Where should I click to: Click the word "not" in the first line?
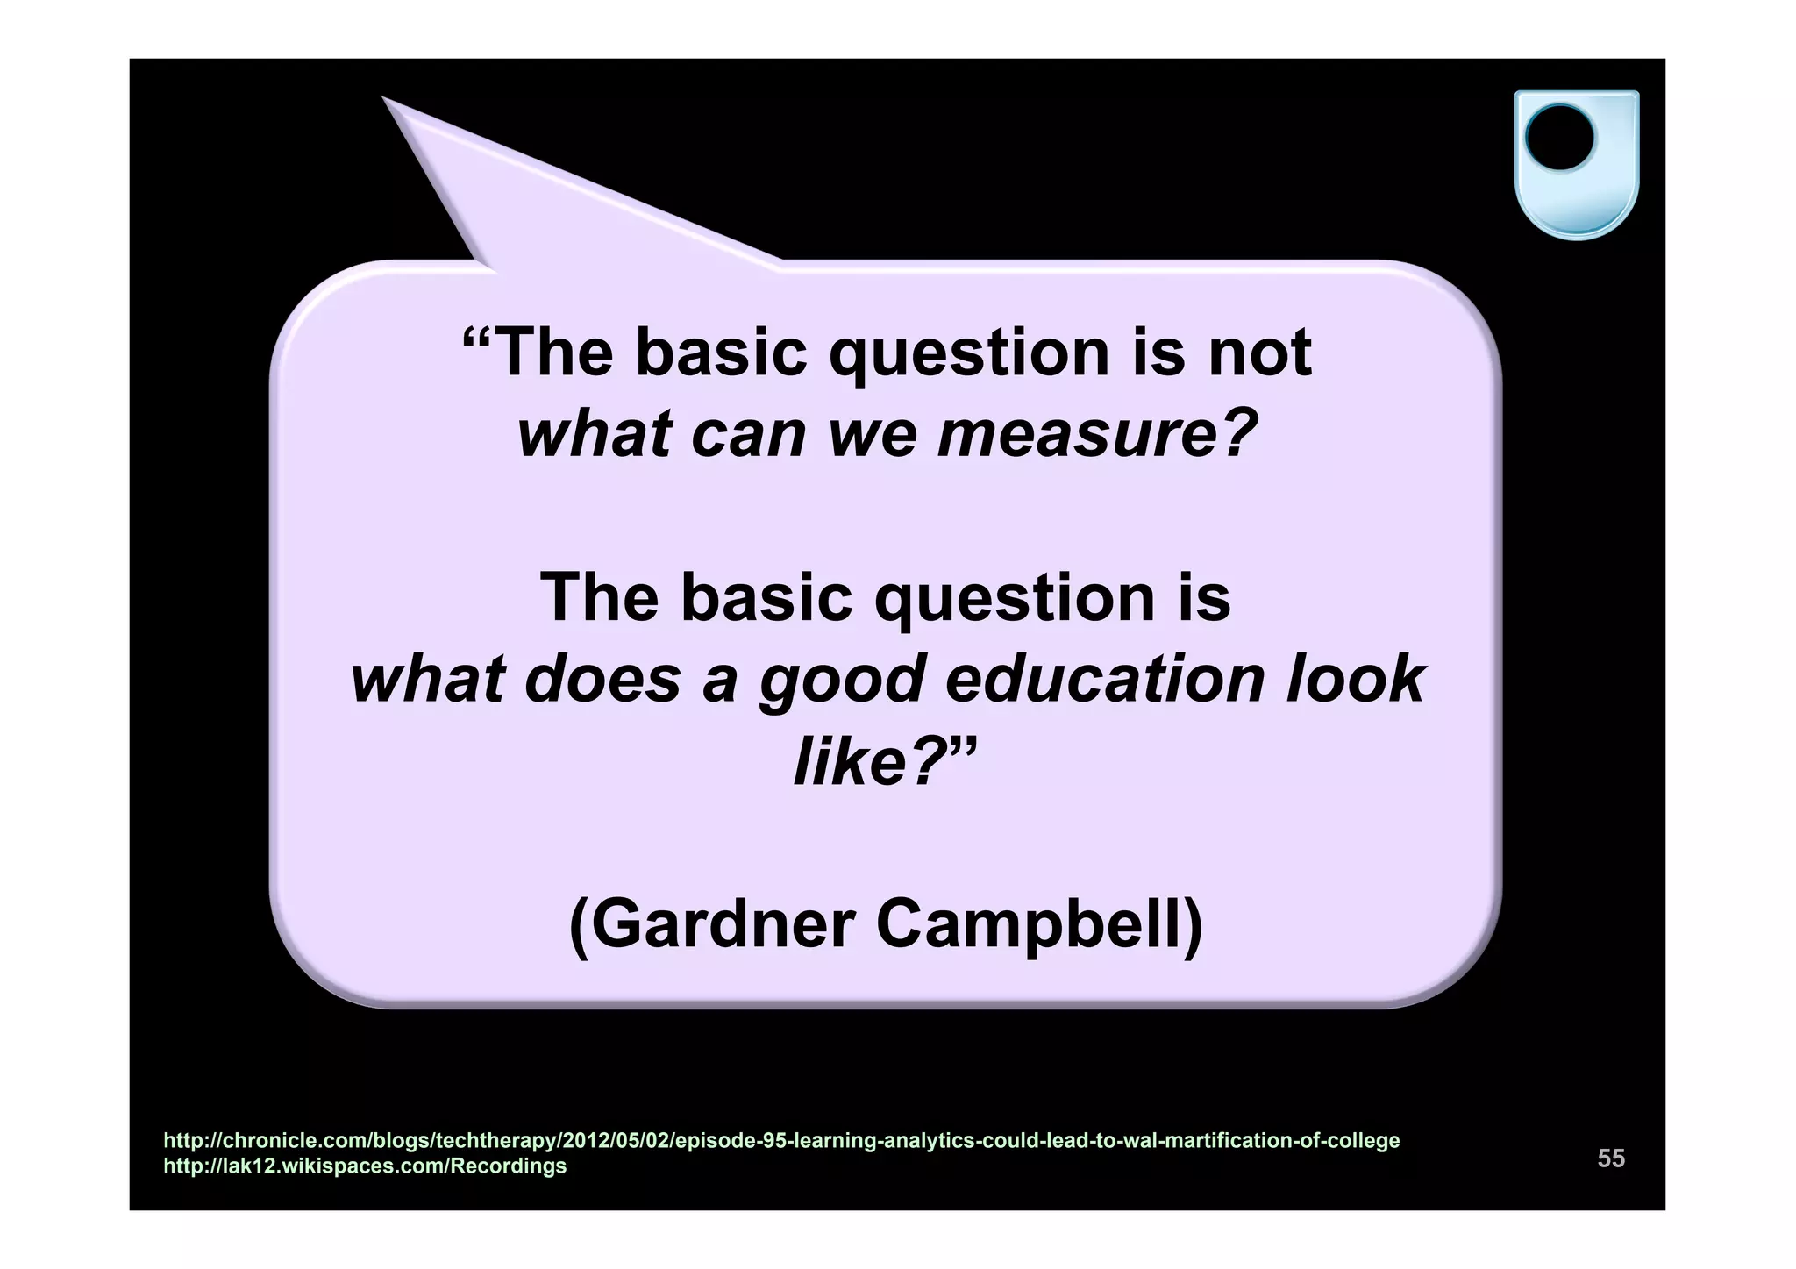coord(1260,353)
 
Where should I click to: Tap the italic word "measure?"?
coord(1098,434)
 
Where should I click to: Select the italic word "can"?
coord(747,434)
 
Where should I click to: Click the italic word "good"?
coord(842,680)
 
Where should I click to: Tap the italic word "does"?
coord(602,680)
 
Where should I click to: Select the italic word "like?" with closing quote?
coord(884,760)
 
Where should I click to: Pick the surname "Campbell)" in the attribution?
coord(1040,924)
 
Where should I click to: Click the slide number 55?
coord(1611,1158)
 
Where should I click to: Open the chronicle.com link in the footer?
coord(781,1141)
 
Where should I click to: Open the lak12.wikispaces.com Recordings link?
coord(365,1166)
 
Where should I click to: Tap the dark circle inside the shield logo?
coord(1559,138)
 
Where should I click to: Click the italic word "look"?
coord(1355,680)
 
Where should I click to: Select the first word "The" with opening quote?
coord(538,353)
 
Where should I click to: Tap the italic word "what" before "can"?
coord(593,434)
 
